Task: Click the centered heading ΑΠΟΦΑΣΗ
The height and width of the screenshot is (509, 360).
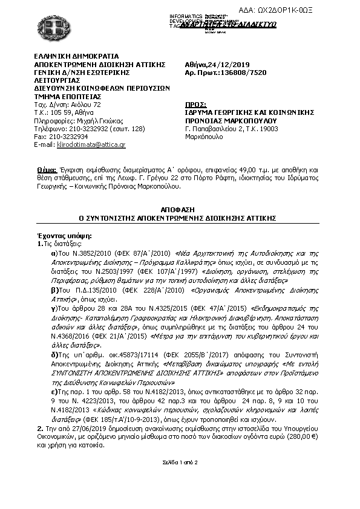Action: [x=180, y=207]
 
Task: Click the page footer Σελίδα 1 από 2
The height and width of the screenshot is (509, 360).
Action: [x=180, y=462]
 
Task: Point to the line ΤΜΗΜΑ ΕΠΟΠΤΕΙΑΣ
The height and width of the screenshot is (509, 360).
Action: [x=67, y=97]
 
